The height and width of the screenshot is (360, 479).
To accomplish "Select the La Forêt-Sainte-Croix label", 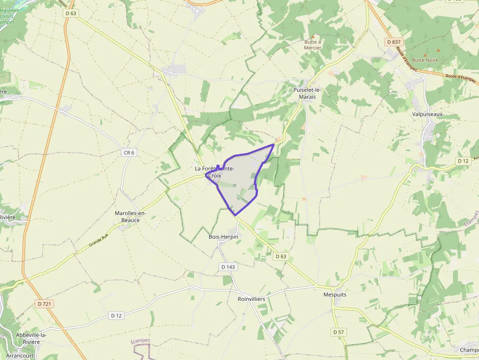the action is pyautogui.click(x=215, y=172).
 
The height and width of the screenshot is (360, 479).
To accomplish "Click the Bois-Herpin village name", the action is pyautogui.click(x=223, y=237).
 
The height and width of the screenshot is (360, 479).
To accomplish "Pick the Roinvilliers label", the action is pyautogui.click(x=251, y=299).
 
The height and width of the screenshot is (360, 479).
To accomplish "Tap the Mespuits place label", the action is pyautogui.click(x=335, y=295).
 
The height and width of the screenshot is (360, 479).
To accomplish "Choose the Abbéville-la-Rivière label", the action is pyautogui.click(x=34, y=339).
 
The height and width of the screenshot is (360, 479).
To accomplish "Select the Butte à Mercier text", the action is pyautogui.click(x=313, y=45).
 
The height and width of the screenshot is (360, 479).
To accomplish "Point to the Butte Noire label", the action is pyautogui.click(x=425, y=60).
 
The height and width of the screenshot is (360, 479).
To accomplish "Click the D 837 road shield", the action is pyautogui.click(x=393, y=42).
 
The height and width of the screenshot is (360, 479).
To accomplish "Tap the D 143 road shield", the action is pyautogui.click(x=228, y=267).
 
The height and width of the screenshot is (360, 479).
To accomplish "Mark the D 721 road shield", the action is pyautogui.click(x=45, y=304).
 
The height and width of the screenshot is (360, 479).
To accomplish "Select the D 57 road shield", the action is pyautogui.click(x=339, y=332).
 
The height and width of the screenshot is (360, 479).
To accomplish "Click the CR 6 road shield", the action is pyautogui.click(x=129, y=153).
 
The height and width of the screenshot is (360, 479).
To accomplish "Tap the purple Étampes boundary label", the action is pyautogui.click(x=141, y=341).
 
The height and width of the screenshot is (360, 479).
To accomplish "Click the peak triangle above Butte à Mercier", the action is pyautogui.click(x=313, y=36).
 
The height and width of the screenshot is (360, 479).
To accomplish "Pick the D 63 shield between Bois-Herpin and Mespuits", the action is pyautogui.click(x=280, y=256).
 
